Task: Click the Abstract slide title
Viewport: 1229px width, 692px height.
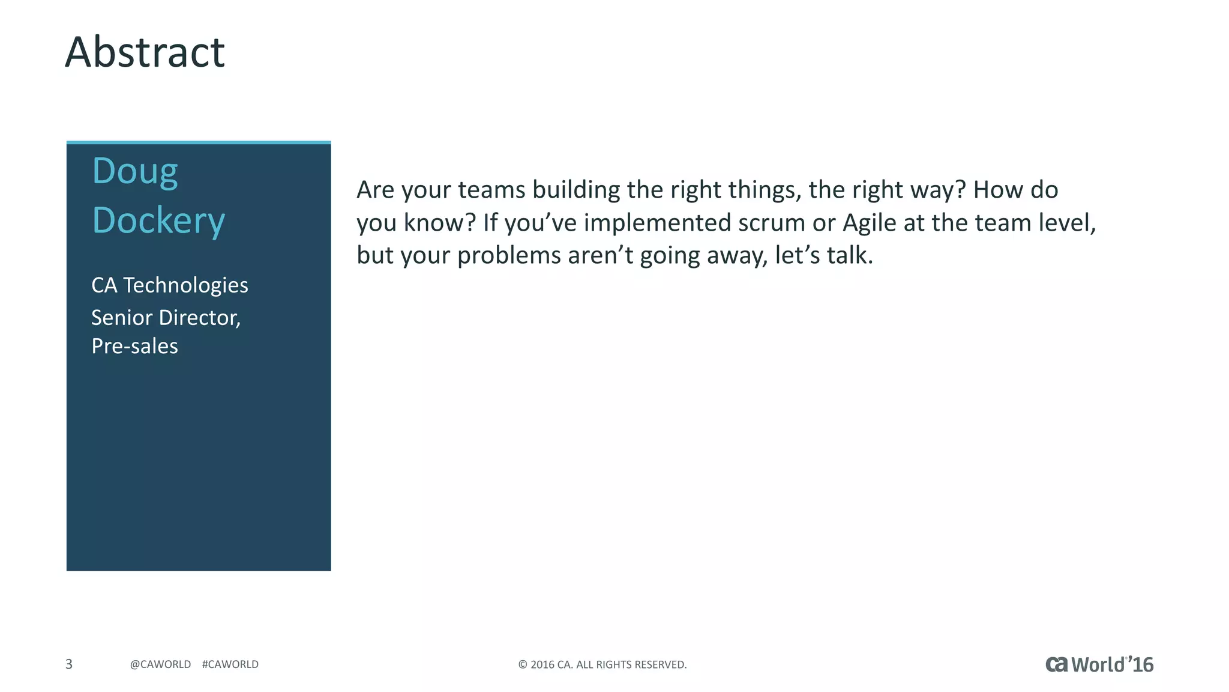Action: (145, 52)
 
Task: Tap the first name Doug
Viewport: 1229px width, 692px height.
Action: (135, 171)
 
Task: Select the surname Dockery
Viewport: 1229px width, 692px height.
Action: (158, 220)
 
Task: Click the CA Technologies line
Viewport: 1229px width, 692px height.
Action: (169, 285)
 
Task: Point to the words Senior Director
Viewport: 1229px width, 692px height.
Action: (166, 318)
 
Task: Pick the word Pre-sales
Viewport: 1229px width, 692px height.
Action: (134, 347)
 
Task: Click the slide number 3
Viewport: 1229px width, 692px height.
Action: (69, 664)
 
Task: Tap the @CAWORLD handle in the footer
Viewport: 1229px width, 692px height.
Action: (160, 664)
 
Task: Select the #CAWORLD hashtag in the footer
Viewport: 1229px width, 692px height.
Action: (230, 664)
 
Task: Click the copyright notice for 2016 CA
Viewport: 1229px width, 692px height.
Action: (602, 664)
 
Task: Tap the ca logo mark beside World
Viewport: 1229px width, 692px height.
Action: (1057, 664)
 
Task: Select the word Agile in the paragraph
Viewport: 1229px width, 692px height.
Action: (869, 223)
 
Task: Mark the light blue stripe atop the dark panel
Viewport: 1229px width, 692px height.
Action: (199, 143)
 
